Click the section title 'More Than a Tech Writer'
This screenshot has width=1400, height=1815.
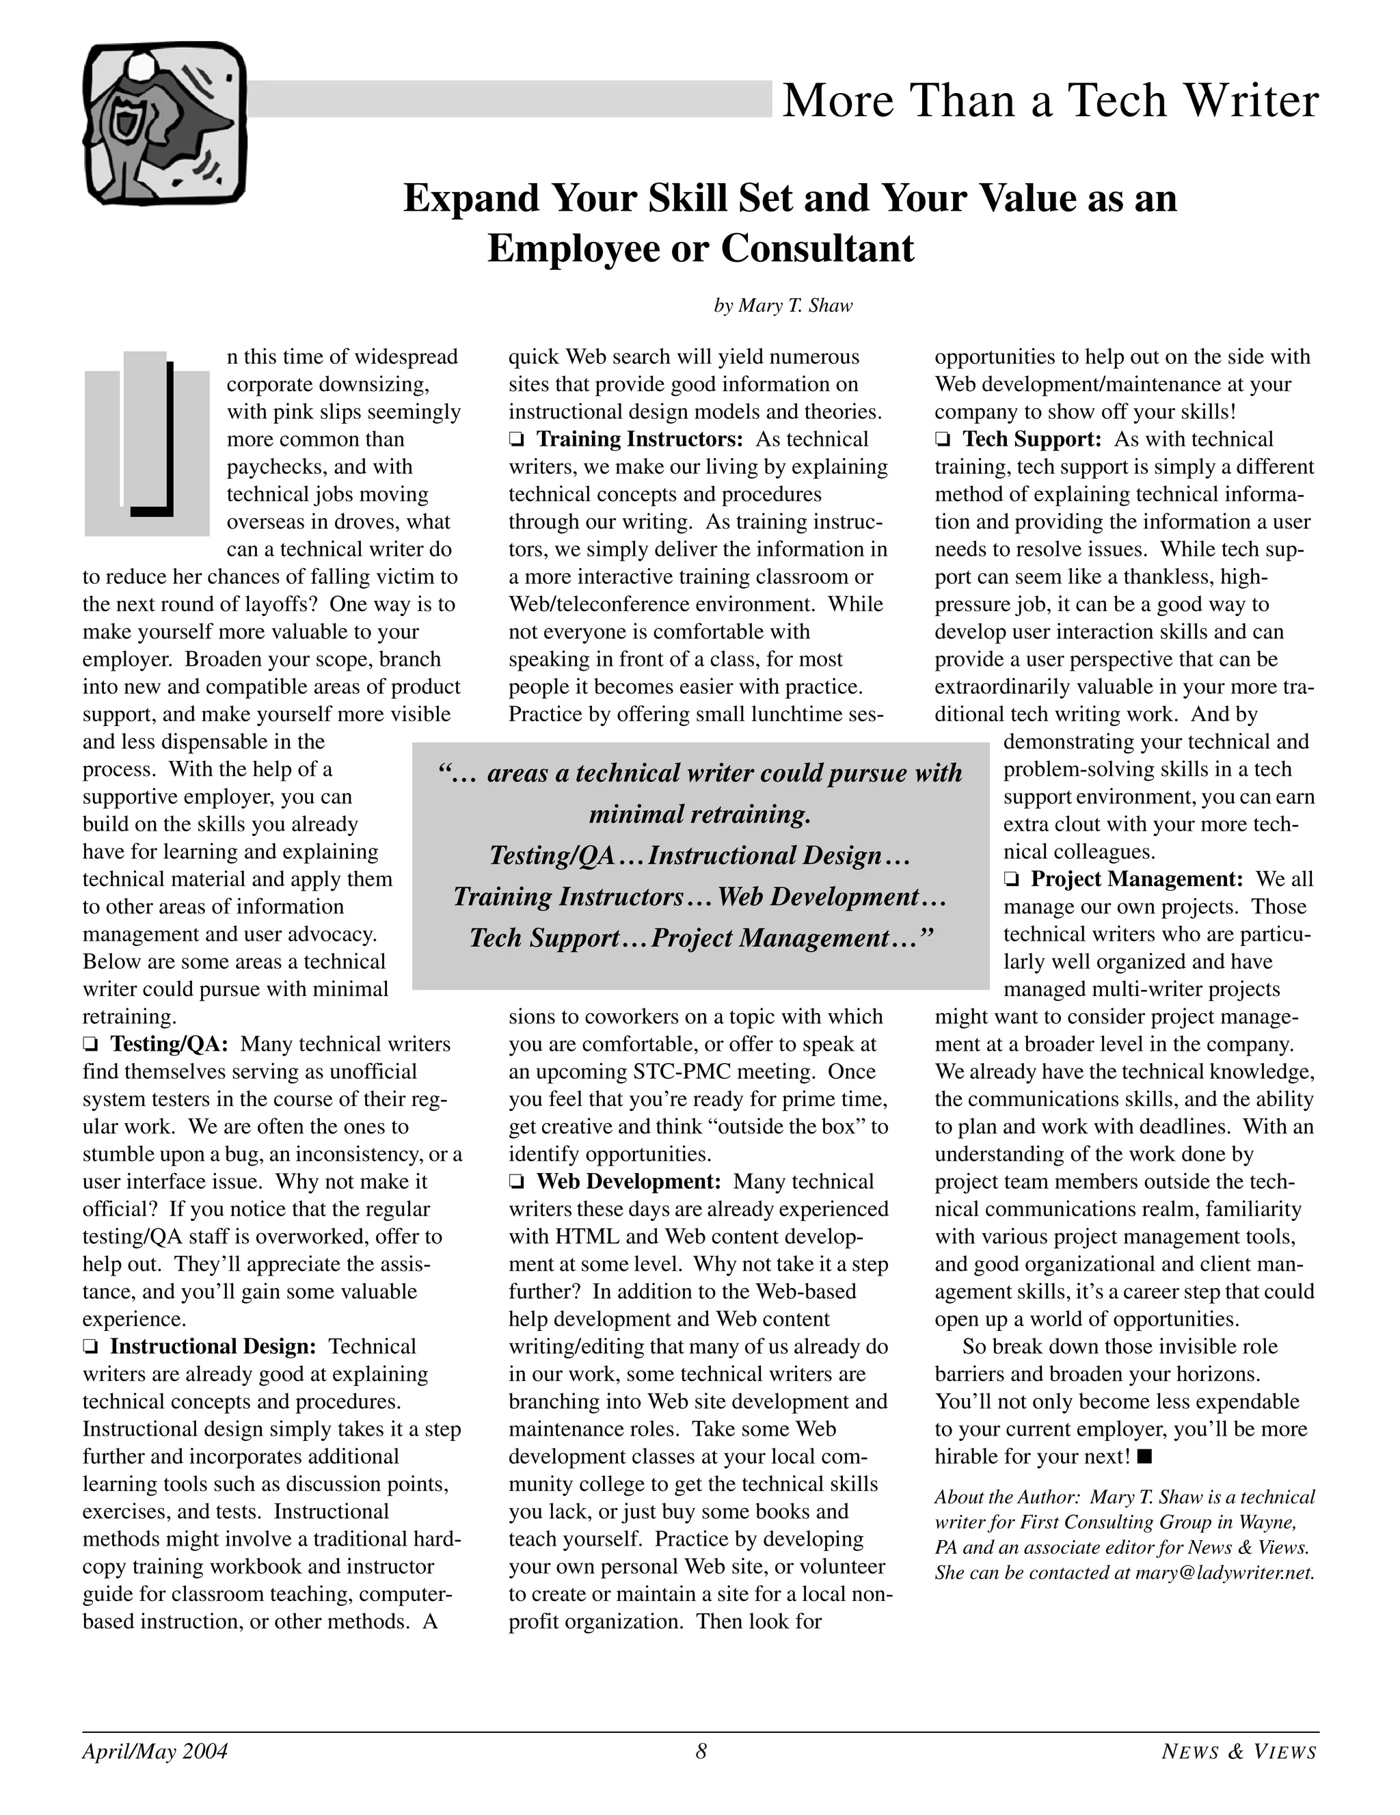tap(1049, 100)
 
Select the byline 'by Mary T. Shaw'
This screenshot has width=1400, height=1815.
tap(783, 306)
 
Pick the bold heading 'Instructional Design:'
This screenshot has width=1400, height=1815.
tap(213, 1346)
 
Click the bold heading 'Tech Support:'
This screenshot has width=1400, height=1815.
tap(1031, 439)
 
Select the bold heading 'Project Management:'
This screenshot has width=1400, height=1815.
tap(1135, 879)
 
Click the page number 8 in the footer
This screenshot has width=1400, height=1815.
tap(701, 1752)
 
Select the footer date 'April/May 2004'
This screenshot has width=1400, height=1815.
tap(154, 1752)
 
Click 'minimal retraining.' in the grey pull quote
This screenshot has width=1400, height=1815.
tap(699, 814)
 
